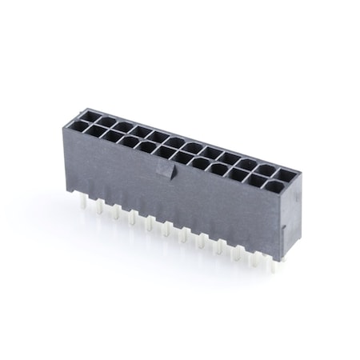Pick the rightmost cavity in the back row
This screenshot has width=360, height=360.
[285, 174]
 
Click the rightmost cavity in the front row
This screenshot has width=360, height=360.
[275, 189]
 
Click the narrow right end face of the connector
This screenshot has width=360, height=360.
[290, 216]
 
